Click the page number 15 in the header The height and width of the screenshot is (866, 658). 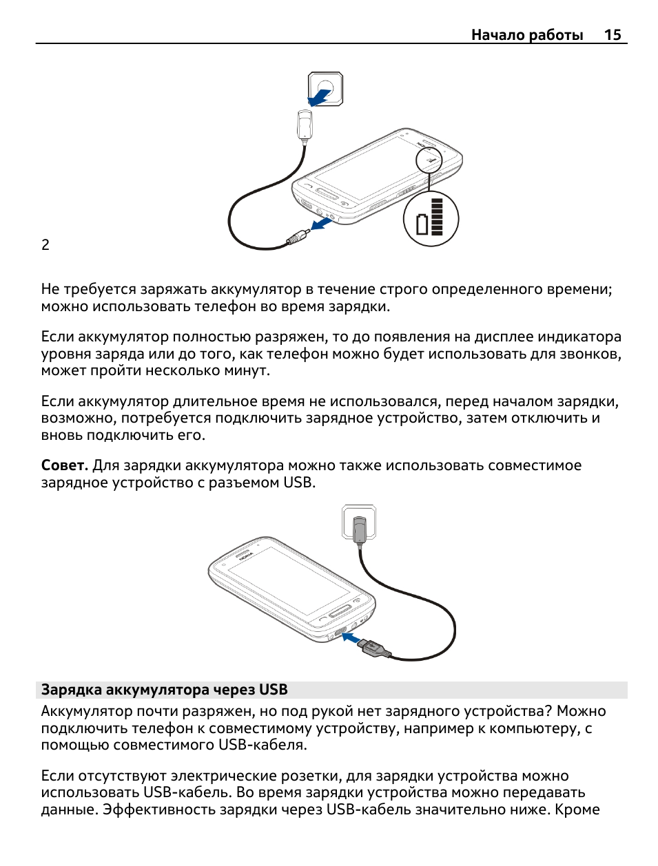pos(613,35)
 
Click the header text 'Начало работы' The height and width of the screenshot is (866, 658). pos(527,35)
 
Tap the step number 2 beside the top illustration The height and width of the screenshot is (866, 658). pos(45,245)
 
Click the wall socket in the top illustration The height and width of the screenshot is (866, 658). pos(325,89)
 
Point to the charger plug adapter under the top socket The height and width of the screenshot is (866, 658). pos(305,125)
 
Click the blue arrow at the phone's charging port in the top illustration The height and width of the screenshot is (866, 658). pos(321,224)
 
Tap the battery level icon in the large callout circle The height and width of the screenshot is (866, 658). pos(431,219)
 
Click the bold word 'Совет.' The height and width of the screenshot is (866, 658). pos(65,466)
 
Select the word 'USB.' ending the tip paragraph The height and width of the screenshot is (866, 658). pos(300,483)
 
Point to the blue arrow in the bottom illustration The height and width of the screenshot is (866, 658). pos(351,640)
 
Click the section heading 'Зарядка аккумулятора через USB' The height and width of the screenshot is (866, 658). pos(165,690)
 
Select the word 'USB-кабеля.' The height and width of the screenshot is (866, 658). pos(263,745)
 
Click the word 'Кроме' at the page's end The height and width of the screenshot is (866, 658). pos(577,810)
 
